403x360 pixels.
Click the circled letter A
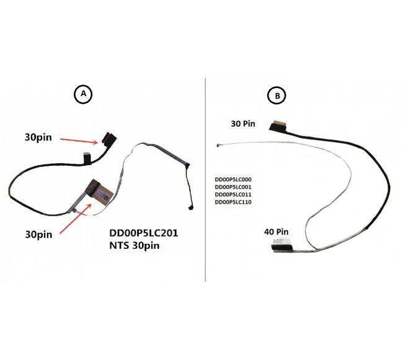[x=83, y=94]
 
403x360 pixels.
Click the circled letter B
[x=277, y=96]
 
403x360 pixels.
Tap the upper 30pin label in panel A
[x=38, y=137]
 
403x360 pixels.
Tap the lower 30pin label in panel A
[x=38, y=235]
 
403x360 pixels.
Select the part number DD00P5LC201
[x=144, y=233]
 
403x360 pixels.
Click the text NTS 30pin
[x=135, y=246]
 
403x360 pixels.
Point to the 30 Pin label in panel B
[x=243, y=124]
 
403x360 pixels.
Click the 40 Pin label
[x=277, y=232]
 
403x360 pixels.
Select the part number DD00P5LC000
[x=233, y=179]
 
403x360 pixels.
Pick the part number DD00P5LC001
[x=233, y=187]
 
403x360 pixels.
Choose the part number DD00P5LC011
[x=233, y=194]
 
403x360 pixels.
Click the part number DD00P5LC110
[x=233, y=202]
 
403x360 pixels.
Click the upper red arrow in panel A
[x=79, y=141]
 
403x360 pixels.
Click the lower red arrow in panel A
[x=76, y=218]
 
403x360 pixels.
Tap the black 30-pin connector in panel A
[x=109, y=139]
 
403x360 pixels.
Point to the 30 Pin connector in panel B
[x=278, y=126]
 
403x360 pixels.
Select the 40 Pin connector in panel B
[x=281, y=246]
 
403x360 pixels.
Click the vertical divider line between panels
[x=205, y=179]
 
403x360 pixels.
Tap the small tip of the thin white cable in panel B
[x=218, y=145]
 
